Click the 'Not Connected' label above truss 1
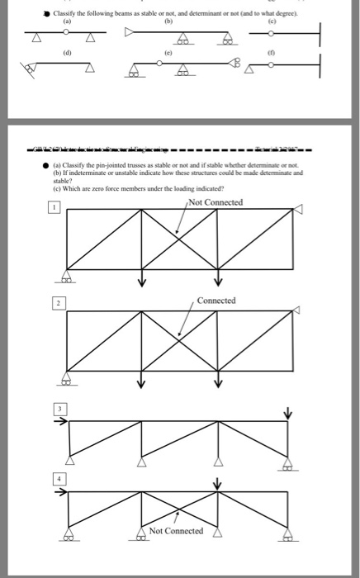(x=216, y=201)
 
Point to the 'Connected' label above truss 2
(x=216, y=301)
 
